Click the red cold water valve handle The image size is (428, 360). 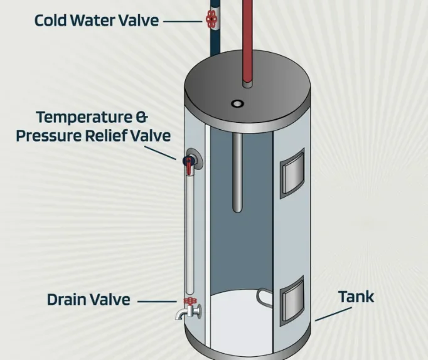pos(211,19)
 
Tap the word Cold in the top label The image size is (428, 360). pos(50,21)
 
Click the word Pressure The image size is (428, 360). pos(49,136)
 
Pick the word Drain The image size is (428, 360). pos(67,299)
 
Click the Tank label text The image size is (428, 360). pos(356,297)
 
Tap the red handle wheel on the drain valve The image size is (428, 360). pos(190,302)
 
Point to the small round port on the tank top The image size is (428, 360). pos(237,103)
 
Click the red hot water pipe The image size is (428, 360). pos(247,41)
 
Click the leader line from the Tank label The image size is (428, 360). pos(333,314)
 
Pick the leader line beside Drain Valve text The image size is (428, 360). pos(157,302)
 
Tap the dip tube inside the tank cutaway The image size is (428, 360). pos(237,172)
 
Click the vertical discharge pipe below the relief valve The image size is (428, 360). pos(190,235)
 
